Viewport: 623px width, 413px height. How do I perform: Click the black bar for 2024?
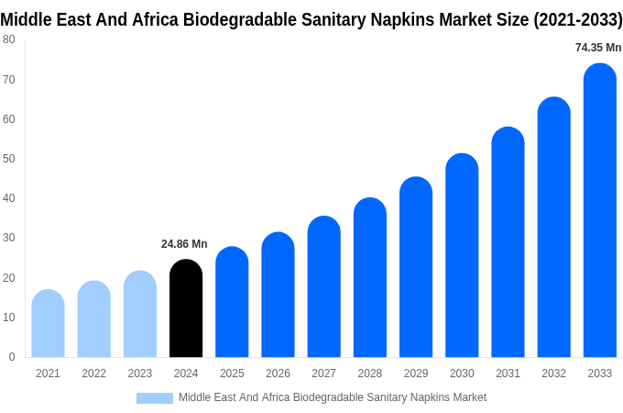[186, 308]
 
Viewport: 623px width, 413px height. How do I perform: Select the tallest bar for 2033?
[599, 210]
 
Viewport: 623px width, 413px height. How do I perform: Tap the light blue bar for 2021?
[48, 324]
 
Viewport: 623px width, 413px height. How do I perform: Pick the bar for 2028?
[369, 277]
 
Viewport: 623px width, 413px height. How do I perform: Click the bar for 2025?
[232, 302]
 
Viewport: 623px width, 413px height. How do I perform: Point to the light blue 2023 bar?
[140, 314]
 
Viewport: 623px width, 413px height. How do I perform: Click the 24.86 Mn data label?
[184, 244]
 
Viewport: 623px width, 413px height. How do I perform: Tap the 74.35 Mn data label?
[597, 48]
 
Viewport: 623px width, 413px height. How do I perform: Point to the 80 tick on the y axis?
[9, 39]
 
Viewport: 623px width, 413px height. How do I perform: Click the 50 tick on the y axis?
[9, 159]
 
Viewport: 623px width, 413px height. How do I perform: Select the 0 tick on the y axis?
[12, 357]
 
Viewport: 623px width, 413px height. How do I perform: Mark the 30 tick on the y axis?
[9, 238]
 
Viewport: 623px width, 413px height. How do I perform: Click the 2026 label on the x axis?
[278, 374]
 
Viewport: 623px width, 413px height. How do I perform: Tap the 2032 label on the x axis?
[553, 374]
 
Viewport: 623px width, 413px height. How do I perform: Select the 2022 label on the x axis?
[93, 374]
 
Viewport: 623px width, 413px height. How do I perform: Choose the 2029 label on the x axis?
[415, 374]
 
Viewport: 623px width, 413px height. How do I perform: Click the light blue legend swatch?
[154, 397]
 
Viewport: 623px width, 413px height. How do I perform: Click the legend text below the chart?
[332, 397]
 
